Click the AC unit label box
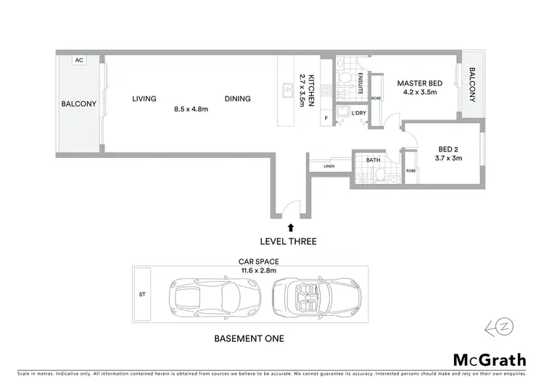pyautogui.click(x=78, y=61)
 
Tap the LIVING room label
pyautogui.click(x=144, y=99)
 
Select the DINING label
pyautogui.click(x=237, y=99)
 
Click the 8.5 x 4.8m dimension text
pyautogui.click(x=191, y=109)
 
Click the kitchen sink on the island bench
pyautogui.click(x=288, y=91)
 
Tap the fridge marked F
pyautogui.click(x=326, y=117)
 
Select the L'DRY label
pyautogui.click(x=358, y=114)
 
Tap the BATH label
pyautogui.click(x=374, y=159)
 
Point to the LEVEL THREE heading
pyautogui.click(x=290, y=241)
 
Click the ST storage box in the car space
pyautogui.click(x=142, y=295)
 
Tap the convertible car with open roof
pyautogui.click(x=314, y=296)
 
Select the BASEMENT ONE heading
pyautogui.click(x=249, y=338)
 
